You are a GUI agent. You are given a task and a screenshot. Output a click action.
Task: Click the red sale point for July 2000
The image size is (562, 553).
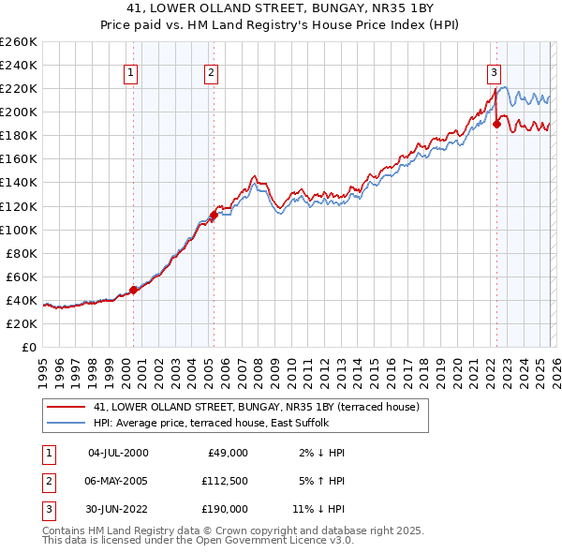pyautogui.click(x=133, y=290)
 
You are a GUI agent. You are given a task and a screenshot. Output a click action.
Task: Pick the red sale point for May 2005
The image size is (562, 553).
pyautogui.click(x=214, y=215)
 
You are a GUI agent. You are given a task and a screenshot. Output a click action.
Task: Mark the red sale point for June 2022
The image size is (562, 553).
pyautogui.click(x=496, y=124)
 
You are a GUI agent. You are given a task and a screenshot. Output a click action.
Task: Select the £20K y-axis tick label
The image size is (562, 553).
pyautogui.click(x=22, y=323)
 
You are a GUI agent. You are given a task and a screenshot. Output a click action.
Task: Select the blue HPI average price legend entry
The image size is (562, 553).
pyautogui.click(x=234, y=424)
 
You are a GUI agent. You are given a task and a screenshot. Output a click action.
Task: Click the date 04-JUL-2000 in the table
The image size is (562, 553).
pyautogui.click(x=118, y=453)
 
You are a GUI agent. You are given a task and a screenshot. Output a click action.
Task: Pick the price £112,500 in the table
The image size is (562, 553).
pyautogui.click(x=223, y=481)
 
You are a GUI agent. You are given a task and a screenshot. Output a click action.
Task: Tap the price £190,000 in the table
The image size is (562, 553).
pyautogui.click(x=223, y=509)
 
